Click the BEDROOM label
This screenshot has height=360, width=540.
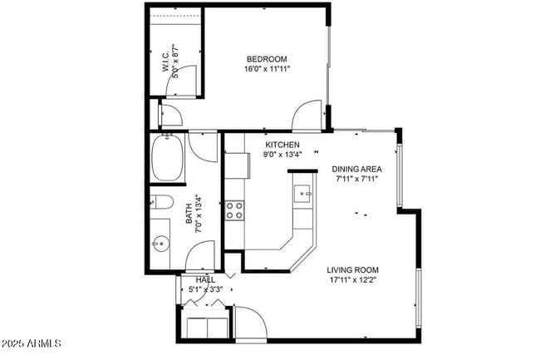267,59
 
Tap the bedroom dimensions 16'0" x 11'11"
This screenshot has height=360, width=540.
266,70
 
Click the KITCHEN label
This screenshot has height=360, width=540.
282,144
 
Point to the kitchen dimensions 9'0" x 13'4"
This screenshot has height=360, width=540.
282,154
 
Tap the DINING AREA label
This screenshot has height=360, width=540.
357,169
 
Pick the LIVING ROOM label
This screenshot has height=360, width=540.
352,269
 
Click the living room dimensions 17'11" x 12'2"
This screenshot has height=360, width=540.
352,280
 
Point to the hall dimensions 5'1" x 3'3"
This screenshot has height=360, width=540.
205,289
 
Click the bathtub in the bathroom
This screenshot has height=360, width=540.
169,160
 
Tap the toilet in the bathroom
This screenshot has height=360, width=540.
161,202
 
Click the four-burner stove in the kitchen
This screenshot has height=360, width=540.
235,210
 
